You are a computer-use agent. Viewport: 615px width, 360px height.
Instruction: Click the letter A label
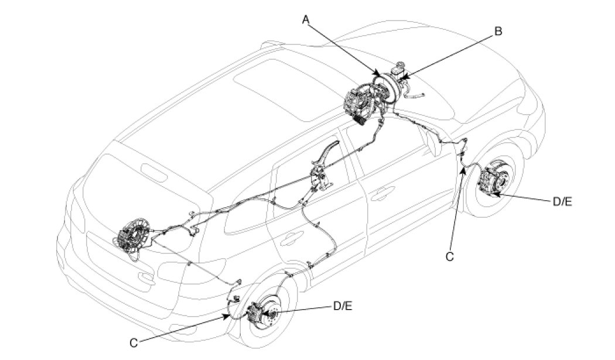pos(305,19)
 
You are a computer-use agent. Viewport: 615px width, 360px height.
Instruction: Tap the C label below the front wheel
pos(450,256)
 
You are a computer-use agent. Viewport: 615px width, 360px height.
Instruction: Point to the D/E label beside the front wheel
pos(562,201)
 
